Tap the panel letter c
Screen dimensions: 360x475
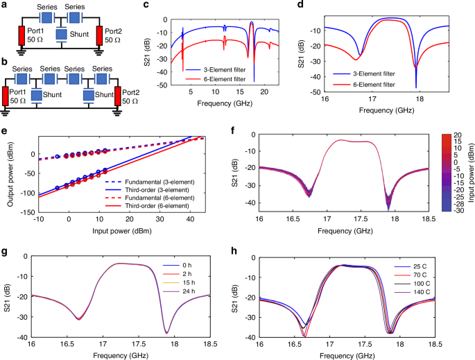point(145,6)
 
